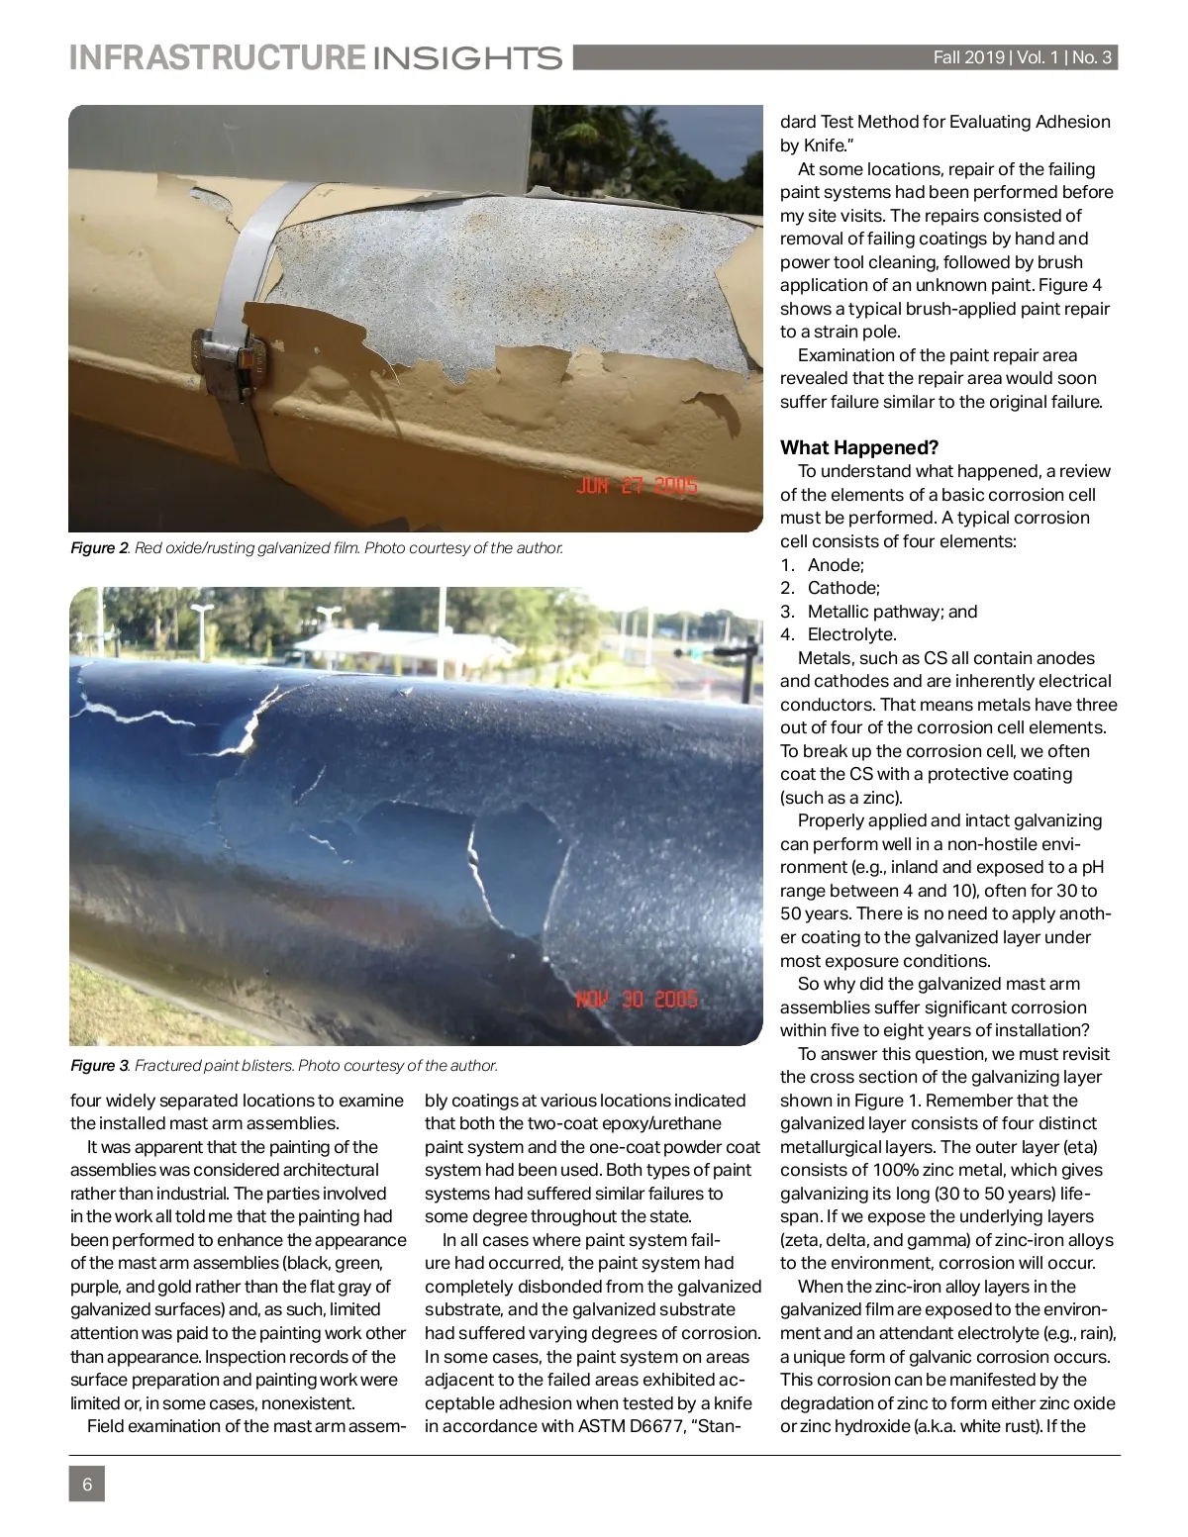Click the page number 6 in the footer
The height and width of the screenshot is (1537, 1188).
[x=87, y=1485]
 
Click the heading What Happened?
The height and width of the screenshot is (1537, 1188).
[x=859, y=447]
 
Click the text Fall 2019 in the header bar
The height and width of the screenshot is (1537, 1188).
[x=968, y=57]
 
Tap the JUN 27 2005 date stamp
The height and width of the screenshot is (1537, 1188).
[x=637, y=486]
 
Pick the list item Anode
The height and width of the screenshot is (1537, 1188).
[x=836, y=565]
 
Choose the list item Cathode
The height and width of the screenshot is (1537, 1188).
[x=843, y=588]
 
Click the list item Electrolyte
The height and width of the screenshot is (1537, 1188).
[x=851, y=634]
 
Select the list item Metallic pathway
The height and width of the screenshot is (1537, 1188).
[x=875, y=612]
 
